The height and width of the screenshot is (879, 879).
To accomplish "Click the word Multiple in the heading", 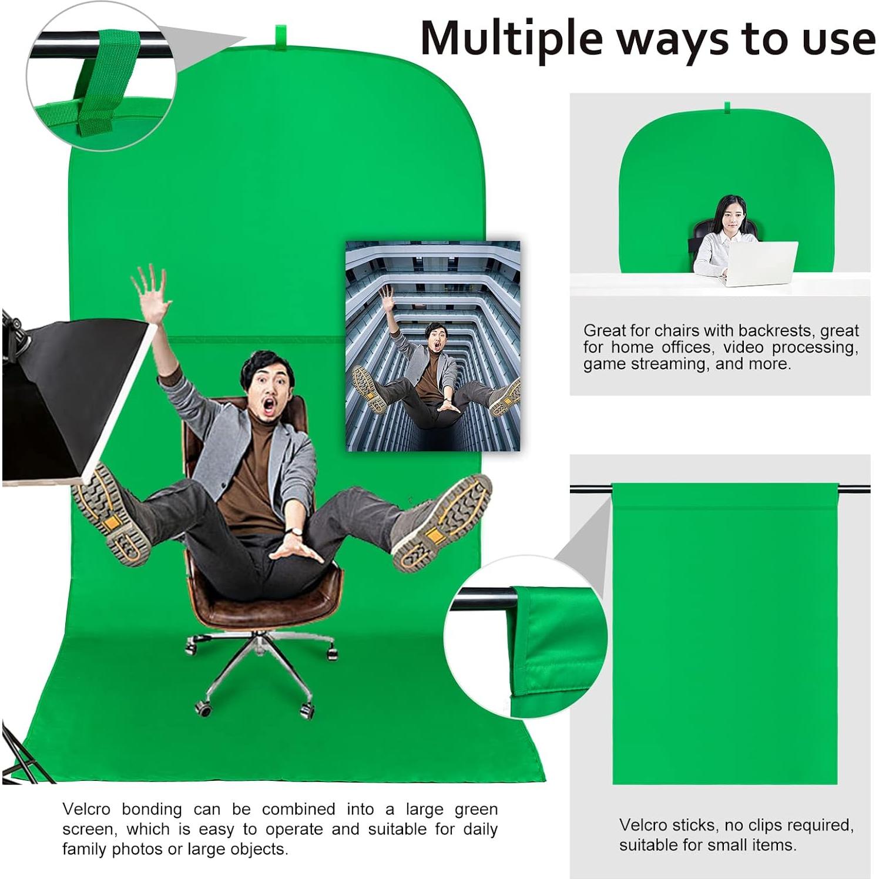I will pos(511,39).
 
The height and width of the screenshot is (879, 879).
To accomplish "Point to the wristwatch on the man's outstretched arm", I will pos(297,532).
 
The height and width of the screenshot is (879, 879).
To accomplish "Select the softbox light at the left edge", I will pos(65,400).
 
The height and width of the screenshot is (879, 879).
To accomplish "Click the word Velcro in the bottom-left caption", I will pos(86,809).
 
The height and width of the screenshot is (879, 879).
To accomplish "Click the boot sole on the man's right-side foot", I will pos(444,523).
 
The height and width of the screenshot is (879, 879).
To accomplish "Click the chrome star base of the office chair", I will pos(259,664).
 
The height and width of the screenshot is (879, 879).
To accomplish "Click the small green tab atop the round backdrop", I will pos(727,107).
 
